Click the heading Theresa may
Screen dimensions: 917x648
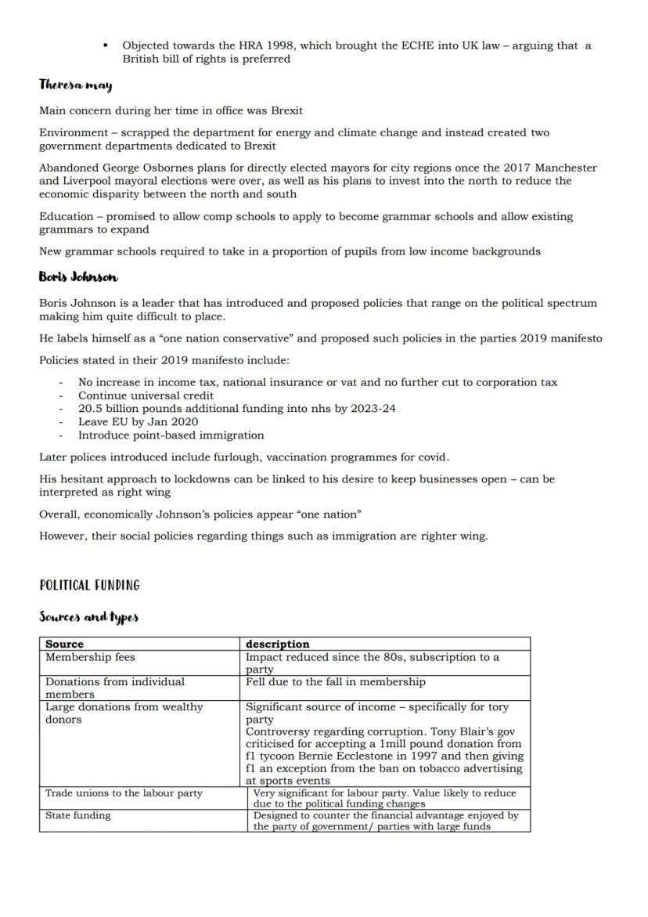click(76, 85)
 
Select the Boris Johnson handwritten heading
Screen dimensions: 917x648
click(78, 277)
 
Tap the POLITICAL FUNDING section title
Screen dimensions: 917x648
click(89, 585)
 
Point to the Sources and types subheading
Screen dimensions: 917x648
click(88, 617)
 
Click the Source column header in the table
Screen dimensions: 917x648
click(64, 644)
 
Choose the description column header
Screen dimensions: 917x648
click(277, 644)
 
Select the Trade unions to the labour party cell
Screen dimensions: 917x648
click(124, 793)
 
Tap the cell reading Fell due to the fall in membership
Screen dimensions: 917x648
click(336, 682)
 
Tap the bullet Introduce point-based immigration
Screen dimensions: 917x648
click(171, 435)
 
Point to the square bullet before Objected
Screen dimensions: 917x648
click(105, 45)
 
